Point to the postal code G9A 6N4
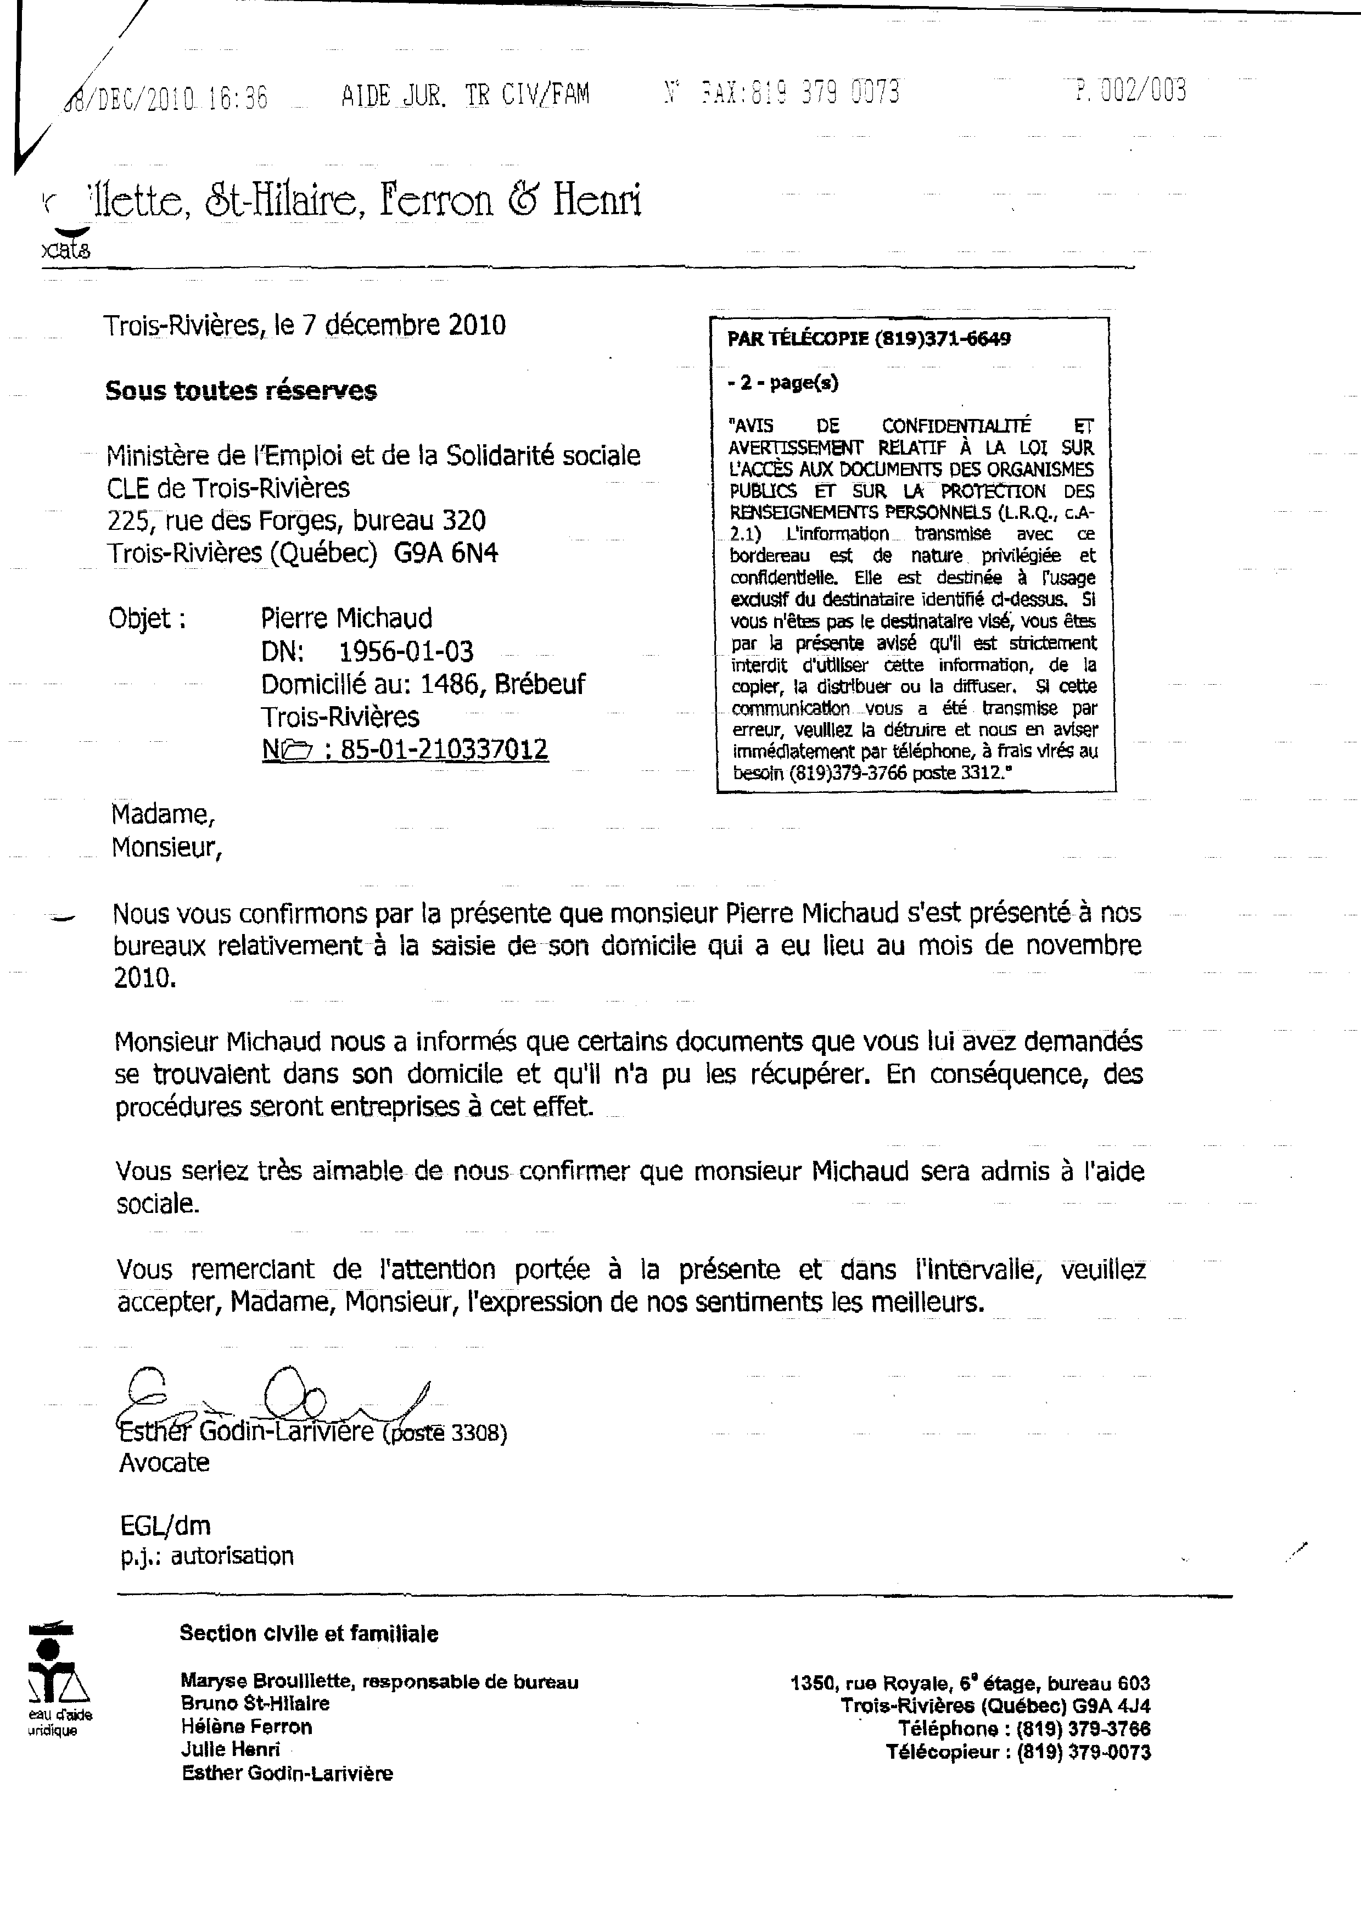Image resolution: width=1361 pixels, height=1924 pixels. (446, 553)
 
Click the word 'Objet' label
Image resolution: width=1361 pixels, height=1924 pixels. (139, 618)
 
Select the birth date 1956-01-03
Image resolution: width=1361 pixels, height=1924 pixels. (406, 651)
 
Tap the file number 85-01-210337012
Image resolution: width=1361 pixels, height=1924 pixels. (444, 748)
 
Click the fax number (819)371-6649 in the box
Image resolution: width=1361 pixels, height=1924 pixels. (942, 339)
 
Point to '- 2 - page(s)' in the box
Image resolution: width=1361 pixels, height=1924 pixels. (783, 383)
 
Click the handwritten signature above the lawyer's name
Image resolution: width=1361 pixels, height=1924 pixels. (277, 1395)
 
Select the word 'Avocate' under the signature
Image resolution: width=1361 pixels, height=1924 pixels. (164, 1462)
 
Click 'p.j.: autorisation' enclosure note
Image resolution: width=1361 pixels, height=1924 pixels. (206, 1556)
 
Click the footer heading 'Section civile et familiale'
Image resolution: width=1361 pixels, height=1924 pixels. (309, 1633)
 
